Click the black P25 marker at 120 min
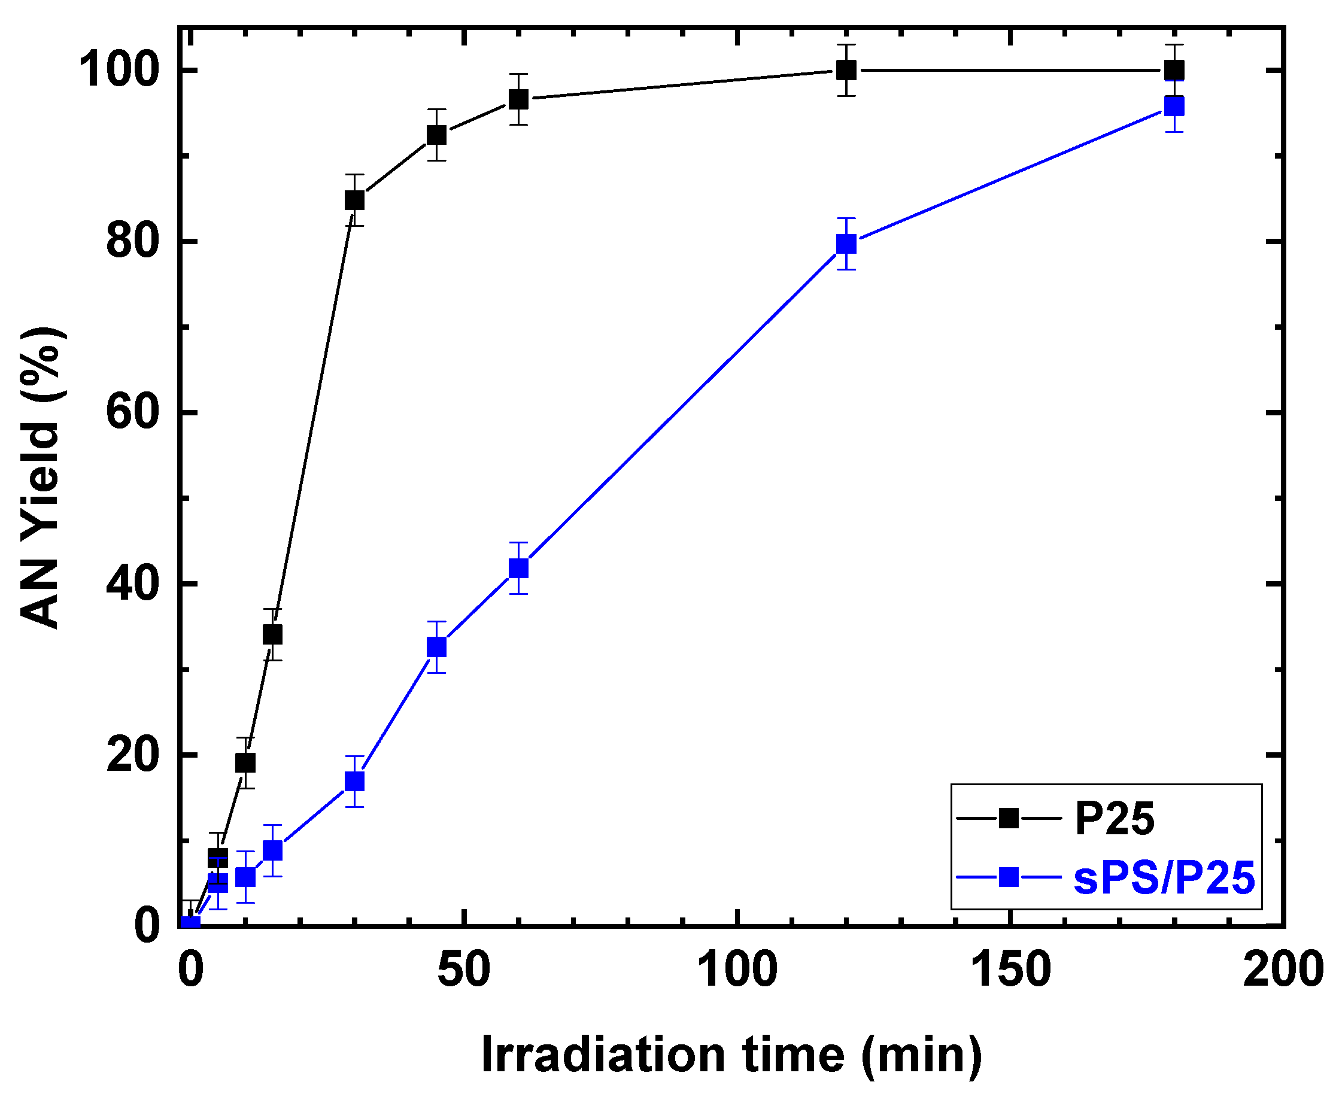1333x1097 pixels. click(x=846, y=70)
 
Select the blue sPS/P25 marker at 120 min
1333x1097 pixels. click(x=846, y=244)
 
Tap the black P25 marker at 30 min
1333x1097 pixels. click(x=354, y=200)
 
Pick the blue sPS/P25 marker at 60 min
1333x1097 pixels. click(x=518, y=568)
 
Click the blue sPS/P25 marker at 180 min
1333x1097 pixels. click(x=1174, y=106)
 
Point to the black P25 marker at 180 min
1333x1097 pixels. click(x=1174, y=69)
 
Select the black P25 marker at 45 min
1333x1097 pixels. click(x=436, y=135)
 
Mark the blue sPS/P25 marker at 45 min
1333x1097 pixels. click(x=436, y=647)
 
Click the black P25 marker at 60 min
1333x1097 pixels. click(x=518, y=99)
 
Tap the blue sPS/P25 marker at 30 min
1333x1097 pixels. click(x=354, y=782)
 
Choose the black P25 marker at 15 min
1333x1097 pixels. click(x=272, y=634)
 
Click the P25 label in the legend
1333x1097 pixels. click(x=1115, y=819)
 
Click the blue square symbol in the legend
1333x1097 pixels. click(x=1009, y=877)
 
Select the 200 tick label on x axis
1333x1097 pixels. click(x=1283, y=970)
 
